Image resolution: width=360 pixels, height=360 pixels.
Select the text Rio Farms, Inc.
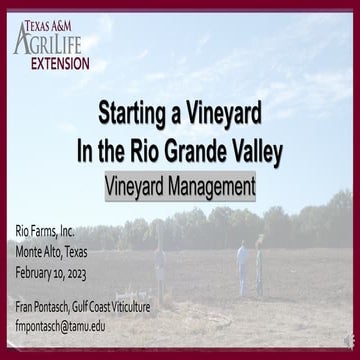tap(46, 231)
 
